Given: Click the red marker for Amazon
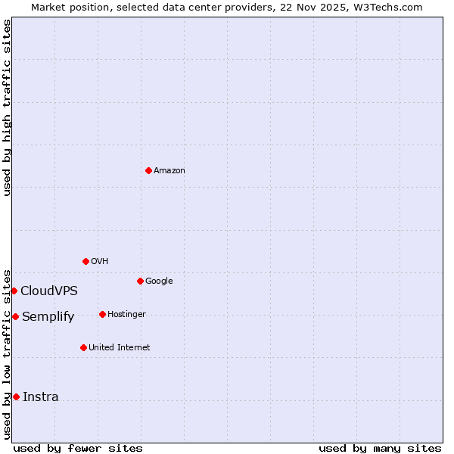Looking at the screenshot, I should pos(148,170).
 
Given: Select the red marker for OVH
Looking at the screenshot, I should pos(86,261).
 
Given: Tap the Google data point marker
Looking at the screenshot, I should pos(140,281).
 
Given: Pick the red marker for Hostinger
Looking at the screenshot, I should pos(102,314).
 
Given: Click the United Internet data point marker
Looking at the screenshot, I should pos(83,347).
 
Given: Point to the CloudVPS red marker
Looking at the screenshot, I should pos(14,291).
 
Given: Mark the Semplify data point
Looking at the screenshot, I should pos(15,316).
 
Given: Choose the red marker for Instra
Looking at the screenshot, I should pos(16,396).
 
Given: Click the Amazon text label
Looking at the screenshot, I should pos(169,171).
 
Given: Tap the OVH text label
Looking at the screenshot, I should pos(100,262).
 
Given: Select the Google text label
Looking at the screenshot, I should pos(159,281).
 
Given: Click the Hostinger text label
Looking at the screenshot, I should pos(126,315).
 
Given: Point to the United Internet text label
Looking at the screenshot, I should pos(120,348).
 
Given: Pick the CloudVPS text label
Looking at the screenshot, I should pos(49,291).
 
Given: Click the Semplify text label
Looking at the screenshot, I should pos(48,317).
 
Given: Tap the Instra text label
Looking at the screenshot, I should pos(41,397).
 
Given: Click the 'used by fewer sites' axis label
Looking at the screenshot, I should pos(78,448).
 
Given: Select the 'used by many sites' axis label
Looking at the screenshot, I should pos(380,448).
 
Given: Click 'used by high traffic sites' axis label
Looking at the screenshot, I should pos(7,107).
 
